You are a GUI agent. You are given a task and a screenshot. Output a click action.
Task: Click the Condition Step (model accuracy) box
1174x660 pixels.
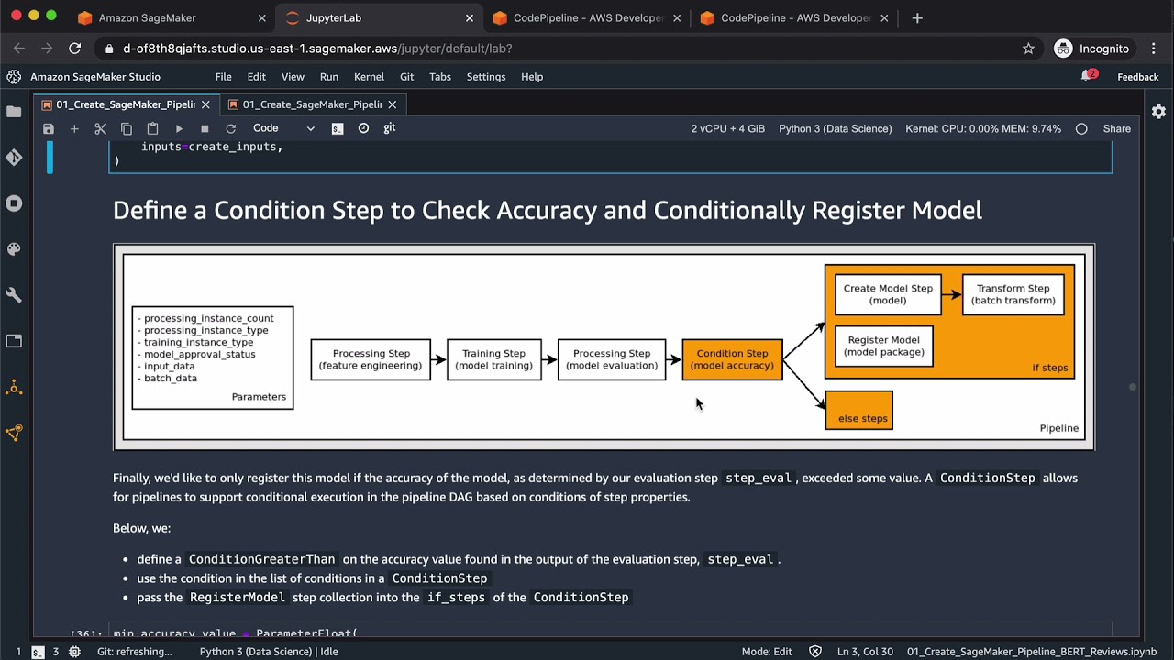732,359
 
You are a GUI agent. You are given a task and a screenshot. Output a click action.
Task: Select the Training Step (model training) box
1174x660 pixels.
493,359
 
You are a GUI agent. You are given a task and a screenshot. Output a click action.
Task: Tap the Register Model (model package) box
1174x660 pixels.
884,346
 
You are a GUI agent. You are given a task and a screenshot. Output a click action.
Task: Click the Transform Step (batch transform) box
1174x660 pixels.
1013,294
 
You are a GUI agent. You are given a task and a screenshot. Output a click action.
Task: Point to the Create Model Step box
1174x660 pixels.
888,294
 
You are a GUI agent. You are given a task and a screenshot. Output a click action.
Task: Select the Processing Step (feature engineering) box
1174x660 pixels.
371,359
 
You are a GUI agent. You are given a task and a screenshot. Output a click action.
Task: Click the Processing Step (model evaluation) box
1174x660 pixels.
612,359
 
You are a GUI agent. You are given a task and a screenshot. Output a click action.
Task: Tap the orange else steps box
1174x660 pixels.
858,410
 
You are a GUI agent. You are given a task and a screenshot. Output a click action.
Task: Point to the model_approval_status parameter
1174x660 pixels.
199,354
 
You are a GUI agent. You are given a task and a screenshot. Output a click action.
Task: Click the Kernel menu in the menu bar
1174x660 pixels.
369,77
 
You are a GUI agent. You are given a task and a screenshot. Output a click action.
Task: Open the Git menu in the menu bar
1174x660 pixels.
406,77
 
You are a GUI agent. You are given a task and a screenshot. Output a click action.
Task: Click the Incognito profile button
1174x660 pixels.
1091,49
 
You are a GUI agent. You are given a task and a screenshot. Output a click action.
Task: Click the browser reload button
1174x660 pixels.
75,49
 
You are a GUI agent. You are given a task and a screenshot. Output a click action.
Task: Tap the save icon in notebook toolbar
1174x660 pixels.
49,129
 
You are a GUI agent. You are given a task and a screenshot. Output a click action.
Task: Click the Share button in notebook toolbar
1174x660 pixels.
1116,129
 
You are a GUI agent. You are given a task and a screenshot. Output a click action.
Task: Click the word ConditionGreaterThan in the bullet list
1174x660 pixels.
261,559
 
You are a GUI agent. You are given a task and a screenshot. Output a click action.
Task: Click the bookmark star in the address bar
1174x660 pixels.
1028,49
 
